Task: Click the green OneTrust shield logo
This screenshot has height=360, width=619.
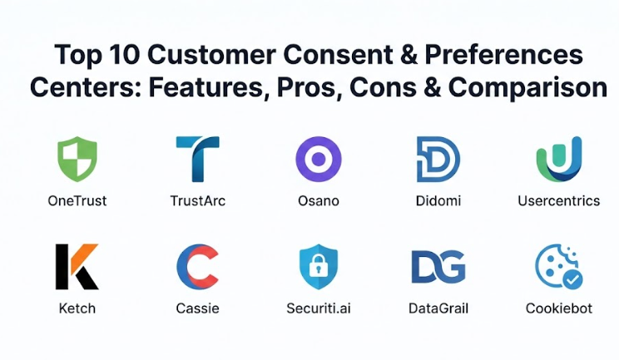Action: click(x=77, y=159)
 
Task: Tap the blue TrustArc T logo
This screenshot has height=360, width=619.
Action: click(x=197, y=159)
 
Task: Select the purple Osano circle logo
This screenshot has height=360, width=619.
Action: click(x=319, y=159)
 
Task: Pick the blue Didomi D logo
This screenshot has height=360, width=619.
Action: click(x=438, y=159)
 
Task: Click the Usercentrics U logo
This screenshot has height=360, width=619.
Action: click(x=558, y=159)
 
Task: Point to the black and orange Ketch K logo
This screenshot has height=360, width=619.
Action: click(x=77, y=266)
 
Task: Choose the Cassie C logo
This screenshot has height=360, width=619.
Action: click(x=197, y=266)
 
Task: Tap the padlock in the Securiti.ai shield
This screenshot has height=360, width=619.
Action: click(x=319, y=268)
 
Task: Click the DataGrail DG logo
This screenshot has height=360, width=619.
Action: click(x=438, y=266)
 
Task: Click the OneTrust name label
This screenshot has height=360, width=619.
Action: click(x=77, y=200)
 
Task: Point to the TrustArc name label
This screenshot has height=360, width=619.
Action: click(x=197, y=200)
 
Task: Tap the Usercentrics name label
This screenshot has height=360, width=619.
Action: click(x=558, y=200)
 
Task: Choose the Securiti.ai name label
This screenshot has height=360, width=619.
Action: click(x=319, y=308)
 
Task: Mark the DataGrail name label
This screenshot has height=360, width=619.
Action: click(x=438, y=308)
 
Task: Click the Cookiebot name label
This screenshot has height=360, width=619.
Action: click(x=558, y=308)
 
